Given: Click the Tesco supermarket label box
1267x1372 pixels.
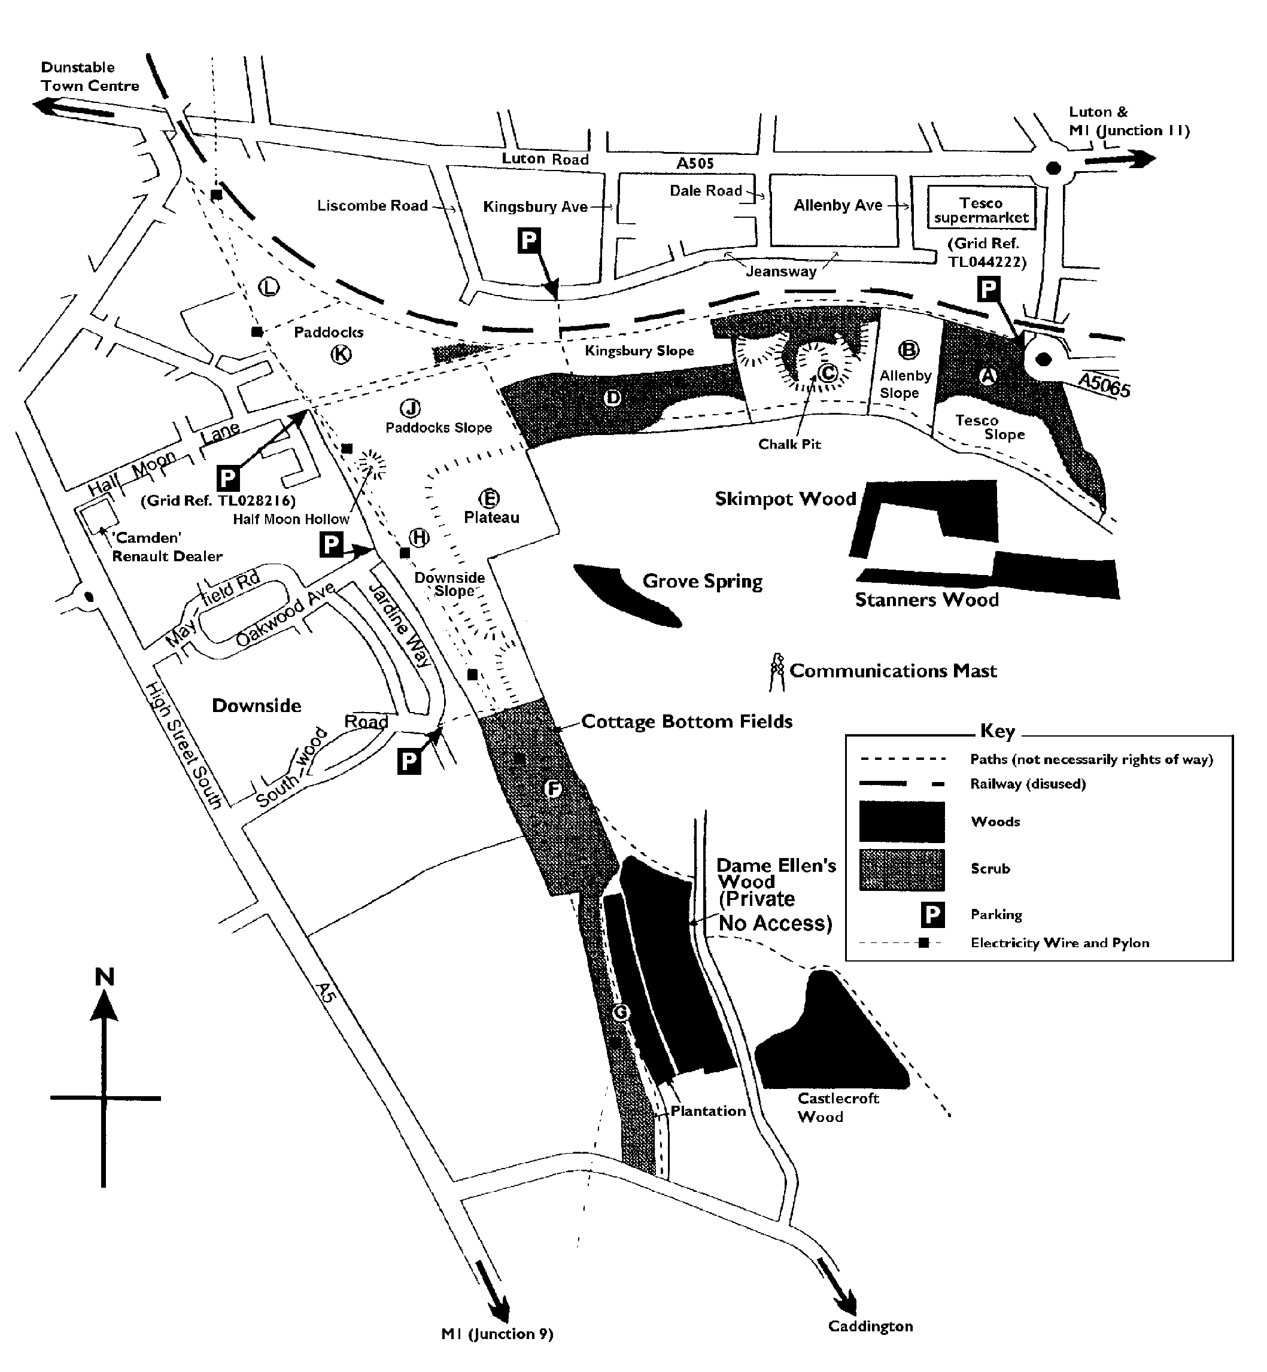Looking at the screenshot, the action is pyautogui.click(x=981, y=208).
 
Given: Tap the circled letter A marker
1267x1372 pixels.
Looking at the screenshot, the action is pyautogui.click(x=988, y=376).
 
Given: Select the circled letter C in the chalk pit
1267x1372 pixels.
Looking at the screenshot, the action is pyautogui.click(x=828, y=373).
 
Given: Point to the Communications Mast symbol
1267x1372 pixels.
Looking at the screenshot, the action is pyautogui.click(x=777, y=671).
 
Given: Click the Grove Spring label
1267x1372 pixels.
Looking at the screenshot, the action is pyautogui.click(x=702, y=582).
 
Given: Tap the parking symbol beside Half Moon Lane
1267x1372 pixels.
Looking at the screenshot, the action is pyautogui.click(x=227, y=477).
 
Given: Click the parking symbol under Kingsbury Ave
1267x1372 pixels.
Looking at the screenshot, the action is pyautogui.click(x=528, y=241).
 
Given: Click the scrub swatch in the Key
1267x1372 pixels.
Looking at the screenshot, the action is pyautogui.click(x=901, y=869).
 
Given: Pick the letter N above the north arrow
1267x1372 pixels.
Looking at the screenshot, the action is pyautogui.click(x=104, y=976).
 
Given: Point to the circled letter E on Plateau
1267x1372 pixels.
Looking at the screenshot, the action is pyautogui.click(x=489, y=498).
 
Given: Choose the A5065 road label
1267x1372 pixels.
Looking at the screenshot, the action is pyautogui.click(x=1104, y=385).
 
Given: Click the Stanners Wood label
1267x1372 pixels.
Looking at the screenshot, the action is pyautogui.click(x=926, y=600).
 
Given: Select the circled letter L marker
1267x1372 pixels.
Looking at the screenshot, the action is pyautogui.click(x=269, y=287).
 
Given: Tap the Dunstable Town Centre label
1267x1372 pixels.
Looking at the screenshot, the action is pyautogui.click(x=89, y=77).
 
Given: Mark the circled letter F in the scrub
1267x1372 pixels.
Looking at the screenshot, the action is pyautogui.click(x=552, y=789).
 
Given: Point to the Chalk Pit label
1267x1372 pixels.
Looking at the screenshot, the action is pyautogui.click(x=789, y=444).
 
